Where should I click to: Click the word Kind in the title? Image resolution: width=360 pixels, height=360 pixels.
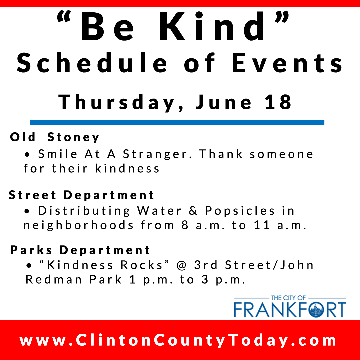tap(212, 26)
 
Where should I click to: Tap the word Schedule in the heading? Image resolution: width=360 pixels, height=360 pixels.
tap(92, 63)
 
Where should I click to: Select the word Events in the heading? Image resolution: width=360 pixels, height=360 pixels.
tap(287, 63)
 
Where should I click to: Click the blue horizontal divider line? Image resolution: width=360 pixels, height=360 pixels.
tap(177, 123)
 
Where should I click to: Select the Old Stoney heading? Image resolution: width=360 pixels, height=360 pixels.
tap(55, 137)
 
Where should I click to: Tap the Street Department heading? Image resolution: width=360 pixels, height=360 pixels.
tap(81, 195)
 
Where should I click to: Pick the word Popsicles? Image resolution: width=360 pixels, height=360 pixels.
tap(240, 211)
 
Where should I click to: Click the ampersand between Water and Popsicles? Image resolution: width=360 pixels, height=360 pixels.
tap(193, 211)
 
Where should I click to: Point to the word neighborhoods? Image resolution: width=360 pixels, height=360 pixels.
tap(79, 225)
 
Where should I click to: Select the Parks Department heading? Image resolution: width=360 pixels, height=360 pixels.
tap(80, 250)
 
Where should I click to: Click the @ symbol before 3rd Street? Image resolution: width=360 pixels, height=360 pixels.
tap(182, 265)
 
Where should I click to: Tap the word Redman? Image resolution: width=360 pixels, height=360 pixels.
tap(53, 279)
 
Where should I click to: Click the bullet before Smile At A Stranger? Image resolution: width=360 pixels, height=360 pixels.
tap(27, 155)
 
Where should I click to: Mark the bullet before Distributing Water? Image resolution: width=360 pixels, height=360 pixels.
tap(27, 211)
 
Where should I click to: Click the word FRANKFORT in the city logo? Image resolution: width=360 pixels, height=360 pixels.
tap(290, 309)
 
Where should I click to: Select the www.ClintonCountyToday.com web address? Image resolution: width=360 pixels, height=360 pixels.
tap(178, 340)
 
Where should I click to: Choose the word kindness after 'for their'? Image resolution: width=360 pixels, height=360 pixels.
tap(127, 169)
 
